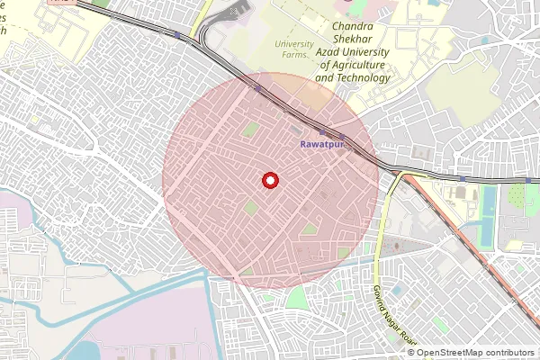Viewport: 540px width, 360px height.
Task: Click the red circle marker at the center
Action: (269, 180)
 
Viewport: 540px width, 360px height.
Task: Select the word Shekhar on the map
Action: (354, 41)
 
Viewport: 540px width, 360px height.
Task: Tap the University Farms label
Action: (293, 49)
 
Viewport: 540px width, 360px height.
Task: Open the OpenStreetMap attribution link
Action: (460, 353)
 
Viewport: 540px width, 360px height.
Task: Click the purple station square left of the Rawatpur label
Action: (323, 132)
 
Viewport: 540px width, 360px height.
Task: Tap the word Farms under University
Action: (293, 55)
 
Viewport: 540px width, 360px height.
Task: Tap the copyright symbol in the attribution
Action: (411, 353)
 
